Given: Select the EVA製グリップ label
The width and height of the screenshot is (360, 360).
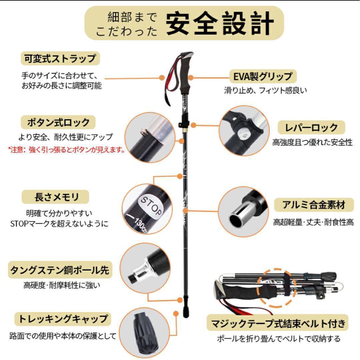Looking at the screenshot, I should coord(263,76).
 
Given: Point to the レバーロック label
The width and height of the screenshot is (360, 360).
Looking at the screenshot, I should coord(312,127).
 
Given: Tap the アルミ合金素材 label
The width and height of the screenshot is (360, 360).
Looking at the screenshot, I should coord(314,205).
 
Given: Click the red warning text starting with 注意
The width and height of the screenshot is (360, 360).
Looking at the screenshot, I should coord(66,150).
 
